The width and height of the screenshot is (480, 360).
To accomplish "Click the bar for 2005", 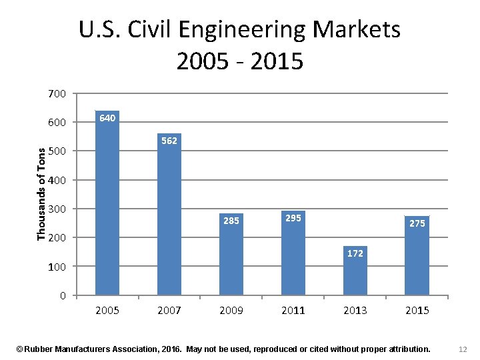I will coord(107,207).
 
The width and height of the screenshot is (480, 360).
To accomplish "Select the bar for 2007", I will coord(169,220).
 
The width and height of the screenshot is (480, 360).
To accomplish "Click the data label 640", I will coord(107,118).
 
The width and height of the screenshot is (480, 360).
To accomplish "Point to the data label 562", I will coord(169,141).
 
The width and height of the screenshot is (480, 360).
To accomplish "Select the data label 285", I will coord(231,221).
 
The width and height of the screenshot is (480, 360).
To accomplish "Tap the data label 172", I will coord(355,253).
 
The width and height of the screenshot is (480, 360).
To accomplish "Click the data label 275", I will coord(417,223).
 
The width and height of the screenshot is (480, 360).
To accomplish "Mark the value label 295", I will coord(293,218).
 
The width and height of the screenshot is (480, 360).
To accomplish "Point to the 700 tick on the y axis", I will coord(57,94).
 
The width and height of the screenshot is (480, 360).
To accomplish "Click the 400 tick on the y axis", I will coord(57,180).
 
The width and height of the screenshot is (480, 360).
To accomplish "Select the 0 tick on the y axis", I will coord(62,295).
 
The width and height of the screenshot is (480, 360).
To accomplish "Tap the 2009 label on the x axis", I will coord(231,311).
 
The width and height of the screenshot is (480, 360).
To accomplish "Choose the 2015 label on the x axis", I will coord(417,311).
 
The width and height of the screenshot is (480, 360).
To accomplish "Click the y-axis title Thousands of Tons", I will coord(41,194).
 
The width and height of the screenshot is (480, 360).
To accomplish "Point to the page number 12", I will coord(463,349).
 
